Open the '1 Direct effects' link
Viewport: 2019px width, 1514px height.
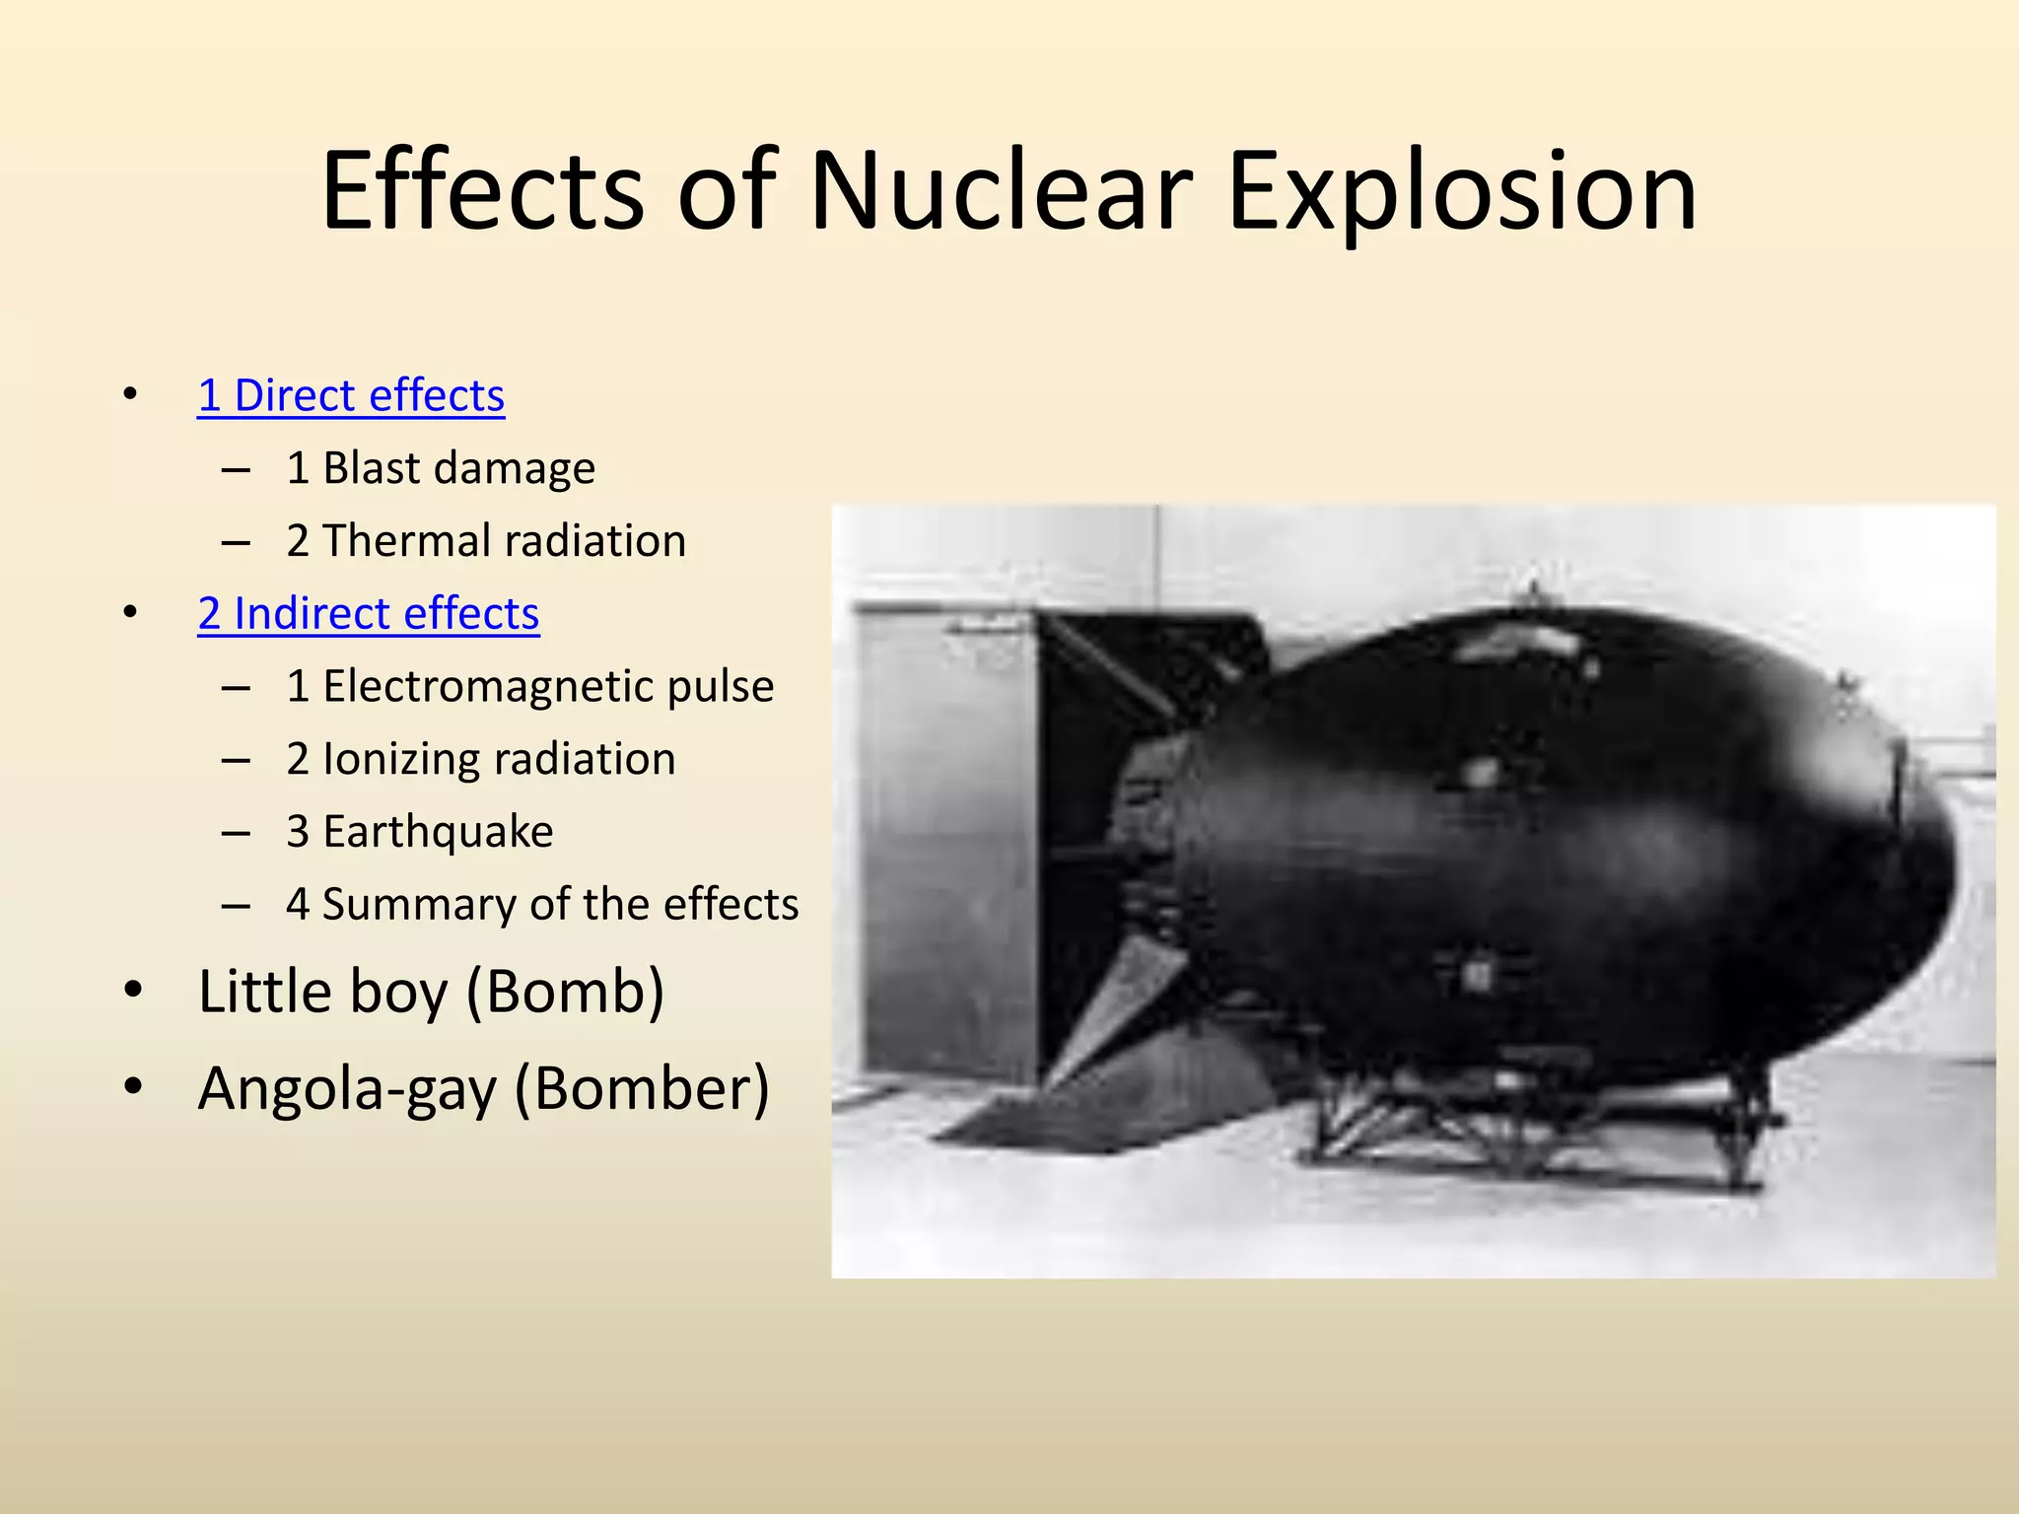[351, 396]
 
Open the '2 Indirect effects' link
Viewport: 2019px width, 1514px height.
[369, 614]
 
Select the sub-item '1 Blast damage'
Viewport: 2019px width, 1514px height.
[441, 468]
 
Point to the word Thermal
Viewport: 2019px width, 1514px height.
[406, 541]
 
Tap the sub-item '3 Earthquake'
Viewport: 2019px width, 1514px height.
[420, 832]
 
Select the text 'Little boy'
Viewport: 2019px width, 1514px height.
[322, 992]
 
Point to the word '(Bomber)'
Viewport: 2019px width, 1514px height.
[642, 1089]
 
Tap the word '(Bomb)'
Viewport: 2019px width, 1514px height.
[565, 992]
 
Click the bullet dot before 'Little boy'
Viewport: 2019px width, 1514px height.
[133, 990]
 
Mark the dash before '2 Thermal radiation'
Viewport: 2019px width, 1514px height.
[236, 542]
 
